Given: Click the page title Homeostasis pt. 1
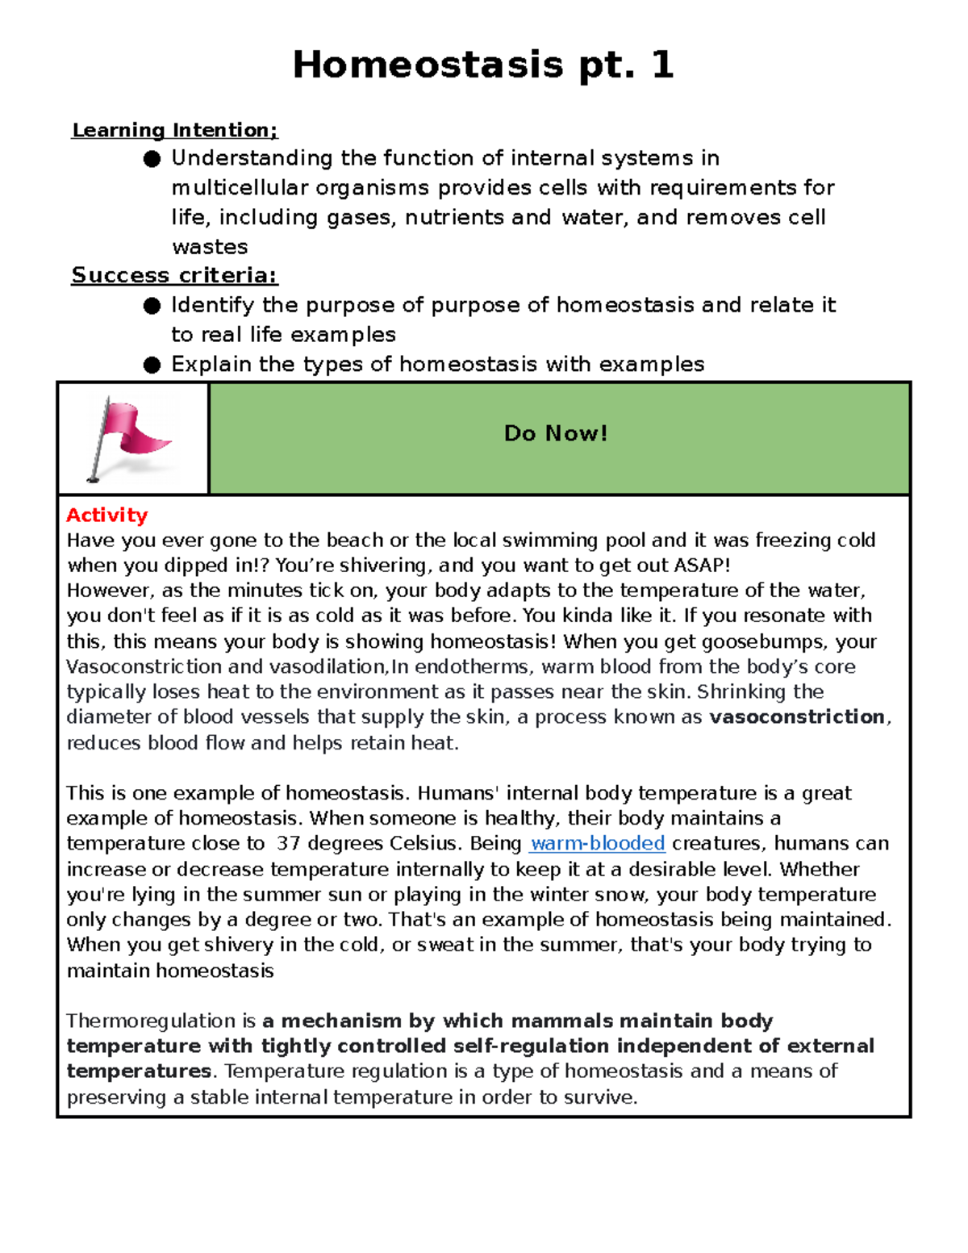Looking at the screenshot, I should (x=482, y=65).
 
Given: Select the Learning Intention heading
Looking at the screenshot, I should (x=174, y=130).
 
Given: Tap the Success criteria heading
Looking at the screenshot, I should (x=174, y=275).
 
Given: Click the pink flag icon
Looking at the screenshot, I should (x=129, y=438).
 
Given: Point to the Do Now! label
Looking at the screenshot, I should (x=555, y=433).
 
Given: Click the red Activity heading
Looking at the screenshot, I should (x=106, y=515).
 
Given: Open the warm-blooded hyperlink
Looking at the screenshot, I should (x=598, y=843).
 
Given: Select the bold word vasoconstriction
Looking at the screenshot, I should (x=796, y=716).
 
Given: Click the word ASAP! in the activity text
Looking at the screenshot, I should (x=702, y=565).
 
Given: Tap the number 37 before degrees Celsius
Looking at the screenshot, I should (x=288, y=843).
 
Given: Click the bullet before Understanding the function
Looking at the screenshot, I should (x=152, y=159).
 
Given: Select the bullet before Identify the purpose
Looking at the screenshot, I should (x=152, y=306).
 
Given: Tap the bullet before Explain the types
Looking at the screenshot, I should (x=152, y=365).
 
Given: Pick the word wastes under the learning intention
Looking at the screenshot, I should (x=210, y=247).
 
